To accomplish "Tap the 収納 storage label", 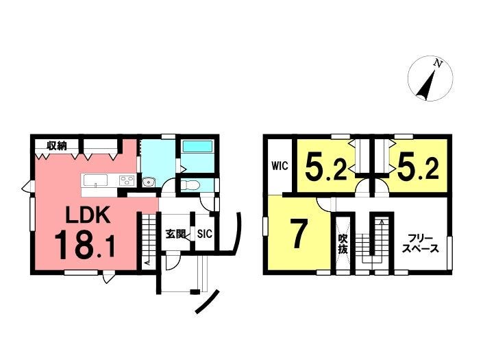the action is [x=57, y=145].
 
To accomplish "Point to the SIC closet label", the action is [x=205, y=234].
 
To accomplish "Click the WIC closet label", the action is [x=280, y=166].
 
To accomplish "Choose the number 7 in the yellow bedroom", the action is [x=298, y=235].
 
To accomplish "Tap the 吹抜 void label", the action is [x=343, y=244].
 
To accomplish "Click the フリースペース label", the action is [x=421, y=243].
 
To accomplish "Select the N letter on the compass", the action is [x=438, y=64].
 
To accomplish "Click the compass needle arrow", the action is [x=426, y=85].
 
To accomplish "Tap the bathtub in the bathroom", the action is [x=197, y=147].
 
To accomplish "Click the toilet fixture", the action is [x=190, y=185].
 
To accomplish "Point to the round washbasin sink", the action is [x=149, y=182].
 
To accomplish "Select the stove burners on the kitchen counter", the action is [x=127, y=180].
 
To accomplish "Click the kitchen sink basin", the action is [x=95, y=180].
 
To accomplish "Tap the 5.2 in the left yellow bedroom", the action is [x=326, y=167].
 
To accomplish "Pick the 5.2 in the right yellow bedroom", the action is [x=417, y=167].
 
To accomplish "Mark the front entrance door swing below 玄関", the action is [x=173, y=261].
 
